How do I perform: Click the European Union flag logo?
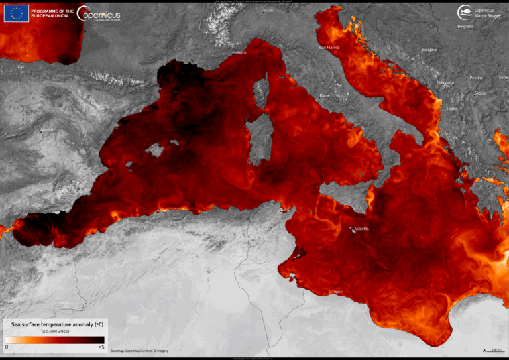click(x=17, y=13)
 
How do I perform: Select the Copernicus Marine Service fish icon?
click(x=465, y=11)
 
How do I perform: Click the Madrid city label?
click(x=47, y=131)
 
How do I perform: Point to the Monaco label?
click(x=239, y=52)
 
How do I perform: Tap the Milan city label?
click(x=268, y=11)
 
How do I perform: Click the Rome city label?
click(x=325, y=95)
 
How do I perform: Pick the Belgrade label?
click(x=465, y=27)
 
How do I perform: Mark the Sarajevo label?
click(x=430, y=50)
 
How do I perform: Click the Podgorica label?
click(x=445, y=82)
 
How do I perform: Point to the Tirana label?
click(x=452, y=108)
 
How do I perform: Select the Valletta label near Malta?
click(x=362, y=229)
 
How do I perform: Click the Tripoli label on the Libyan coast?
click(x=338, y=292)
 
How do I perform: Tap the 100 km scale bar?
click(x=493, y=349)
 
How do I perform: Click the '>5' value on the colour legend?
click(x=101, y=347)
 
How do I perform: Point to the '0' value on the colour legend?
click(x=7, y=347)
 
